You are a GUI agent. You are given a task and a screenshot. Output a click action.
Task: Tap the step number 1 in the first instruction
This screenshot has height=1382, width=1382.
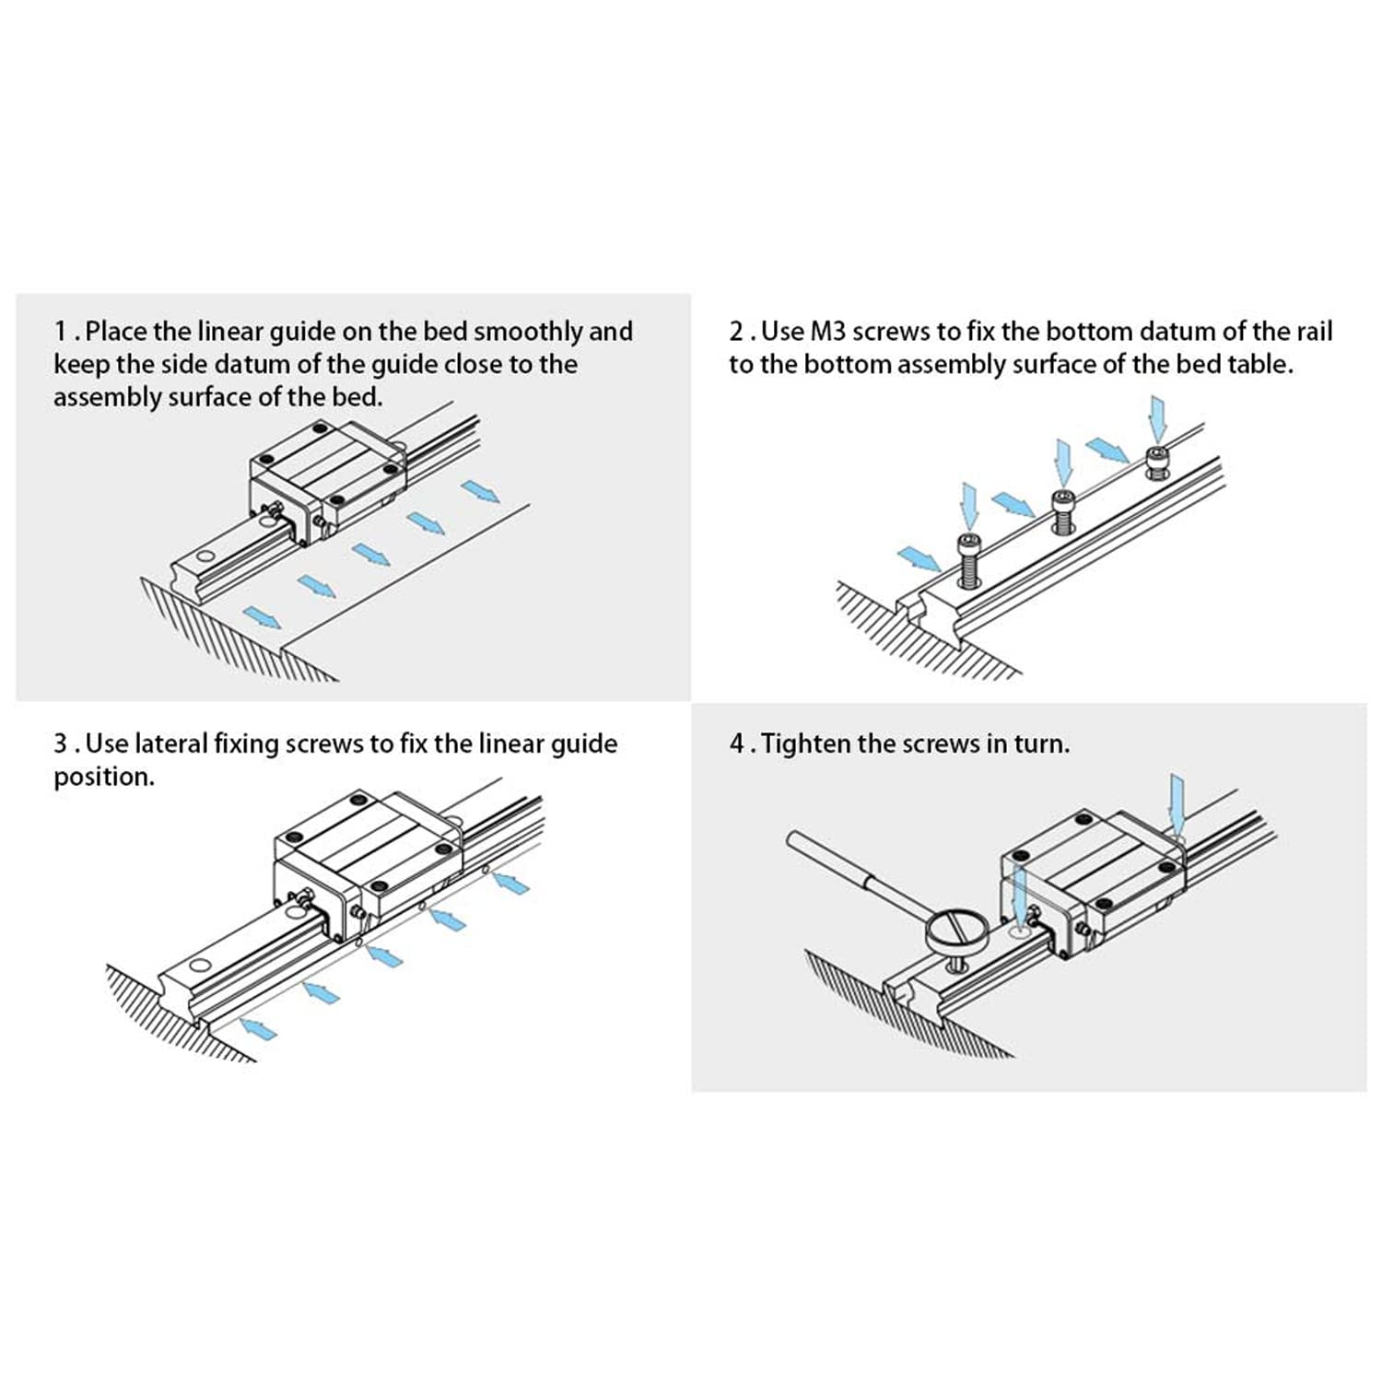point(61,332)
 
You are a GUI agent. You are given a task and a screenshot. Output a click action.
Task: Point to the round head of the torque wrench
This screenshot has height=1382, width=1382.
point(956,931)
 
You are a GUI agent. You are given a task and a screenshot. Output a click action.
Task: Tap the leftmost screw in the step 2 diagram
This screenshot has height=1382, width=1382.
point(969,559)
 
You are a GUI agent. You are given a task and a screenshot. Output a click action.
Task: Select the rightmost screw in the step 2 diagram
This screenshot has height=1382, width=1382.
point(1156,462)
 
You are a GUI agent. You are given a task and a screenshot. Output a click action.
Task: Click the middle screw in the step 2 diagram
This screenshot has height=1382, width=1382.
point(1063,511)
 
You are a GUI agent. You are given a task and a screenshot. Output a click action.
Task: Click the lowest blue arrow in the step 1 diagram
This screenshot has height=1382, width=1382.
point(262,617)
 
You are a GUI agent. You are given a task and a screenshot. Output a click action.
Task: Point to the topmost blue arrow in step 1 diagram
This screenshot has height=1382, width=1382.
point(480,491)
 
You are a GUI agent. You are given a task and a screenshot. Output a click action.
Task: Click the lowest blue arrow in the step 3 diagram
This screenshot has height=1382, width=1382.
point(257,1027)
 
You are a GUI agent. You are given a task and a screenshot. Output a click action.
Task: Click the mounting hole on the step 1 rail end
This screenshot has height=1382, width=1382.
point(205,556)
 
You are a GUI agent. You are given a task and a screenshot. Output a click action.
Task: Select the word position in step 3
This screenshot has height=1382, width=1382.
point(103,778)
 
